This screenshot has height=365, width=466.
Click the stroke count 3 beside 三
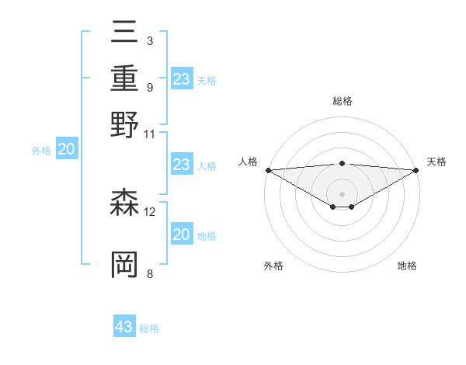149,40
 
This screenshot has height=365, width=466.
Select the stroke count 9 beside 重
149,86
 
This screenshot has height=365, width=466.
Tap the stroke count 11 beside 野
150,133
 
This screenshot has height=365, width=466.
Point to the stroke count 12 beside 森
150,211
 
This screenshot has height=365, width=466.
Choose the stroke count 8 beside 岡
149,273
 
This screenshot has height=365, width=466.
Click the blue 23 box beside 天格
182,79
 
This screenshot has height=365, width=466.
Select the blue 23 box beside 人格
182,165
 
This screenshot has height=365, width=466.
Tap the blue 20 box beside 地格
182,235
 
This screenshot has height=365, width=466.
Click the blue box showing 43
124,327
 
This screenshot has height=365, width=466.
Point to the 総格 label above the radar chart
343,101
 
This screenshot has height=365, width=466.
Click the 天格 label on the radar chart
437,162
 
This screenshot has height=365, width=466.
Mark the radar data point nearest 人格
268,170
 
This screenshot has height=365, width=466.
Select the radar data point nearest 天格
417,170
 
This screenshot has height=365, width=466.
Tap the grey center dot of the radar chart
343,193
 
